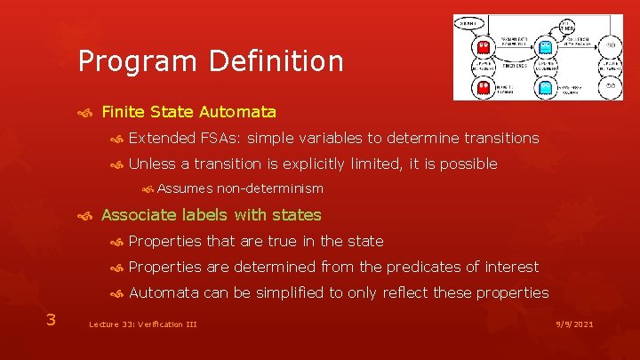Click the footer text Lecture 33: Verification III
point(142,325)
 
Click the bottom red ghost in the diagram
point(484,87)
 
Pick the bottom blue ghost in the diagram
point(546,87)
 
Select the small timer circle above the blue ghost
point(540,24)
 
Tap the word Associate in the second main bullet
point(134,215)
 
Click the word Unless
point(152,164)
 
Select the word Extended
point(162,138)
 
